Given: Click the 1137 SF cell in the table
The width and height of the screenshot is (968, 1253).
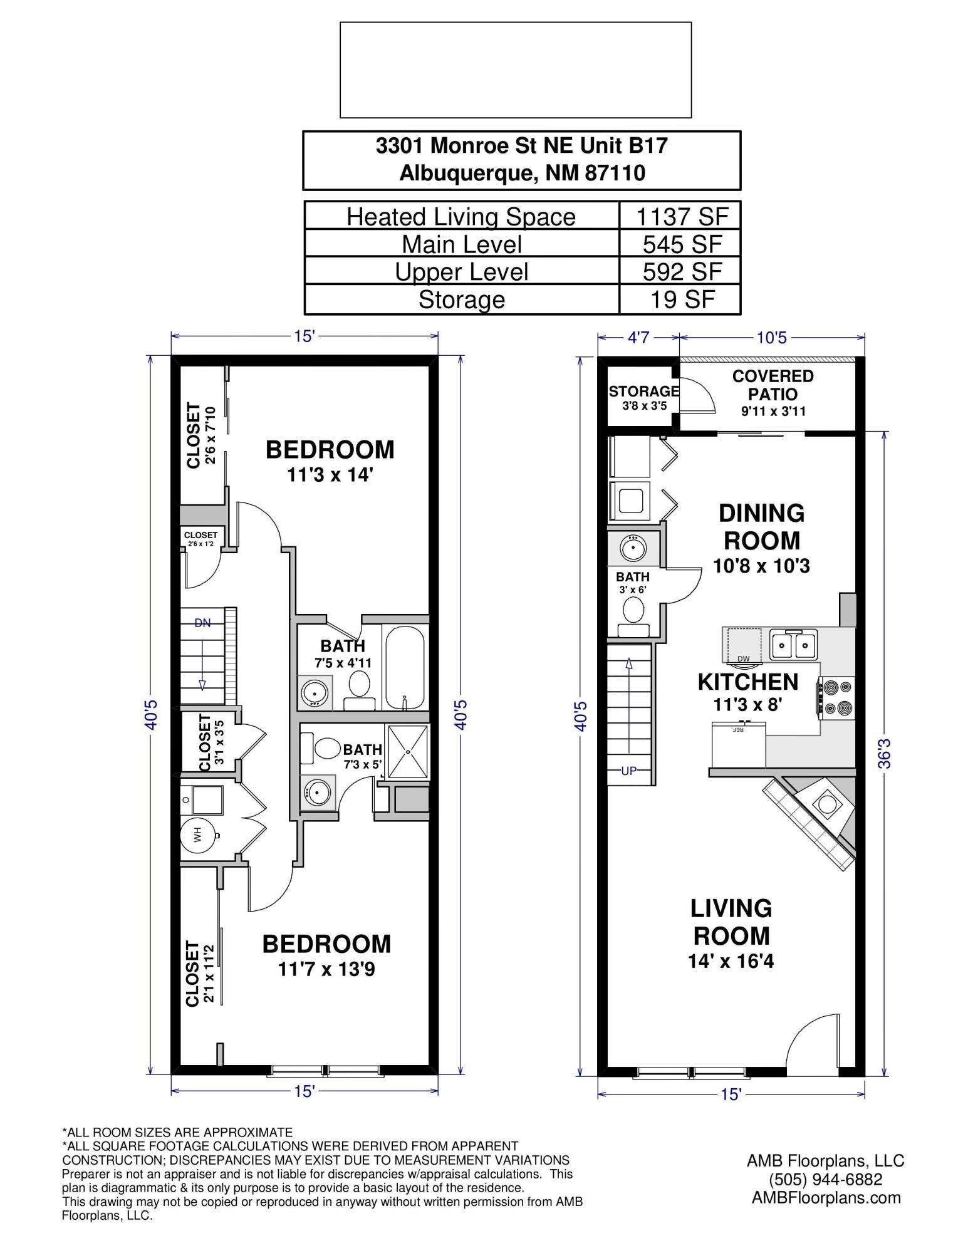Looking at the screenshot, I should click(x=682, y=216).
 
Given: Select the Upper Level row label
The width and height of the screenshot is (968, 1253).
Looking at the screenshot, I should click(x=461, y=271).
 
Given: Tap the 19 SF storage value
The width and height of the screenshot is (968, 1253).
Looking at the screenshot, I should click(x=682, y=299).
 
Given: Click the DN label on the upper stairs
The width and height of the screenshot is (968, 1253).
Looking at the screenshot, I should click(x=202, y=623).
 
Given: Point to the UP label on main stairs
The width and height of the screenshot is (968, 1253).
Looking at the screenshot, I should click(x=628, y=771).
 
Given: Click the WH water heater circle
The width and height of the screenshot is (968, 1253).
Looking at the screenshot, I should click(x=198, y=835).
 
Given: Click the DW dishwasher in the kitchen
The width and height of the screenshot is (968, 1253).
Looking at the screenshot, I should click(x=744, y=645).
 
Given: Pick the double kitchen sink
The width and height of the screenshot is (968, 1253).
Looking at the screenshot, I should click(x=794, y=644).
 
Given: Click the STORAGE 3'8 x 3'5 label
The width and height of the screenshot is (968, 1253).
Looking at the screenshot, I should click(x=643, y=397).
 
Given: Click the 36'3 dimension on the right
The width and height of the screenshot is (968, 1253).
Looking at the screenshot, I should click(x=884, y=751).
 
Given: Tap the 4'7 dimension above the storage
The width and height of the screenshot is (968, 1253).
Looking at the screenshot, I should click(x=638, y=338).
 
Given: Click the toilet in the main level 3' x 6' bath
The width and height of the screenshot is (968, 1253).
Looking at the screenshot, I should click(x=633, y=611).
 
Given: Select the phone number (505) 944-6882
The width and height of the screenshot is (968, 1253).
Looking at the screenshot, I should click(x=825, y=1179).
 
